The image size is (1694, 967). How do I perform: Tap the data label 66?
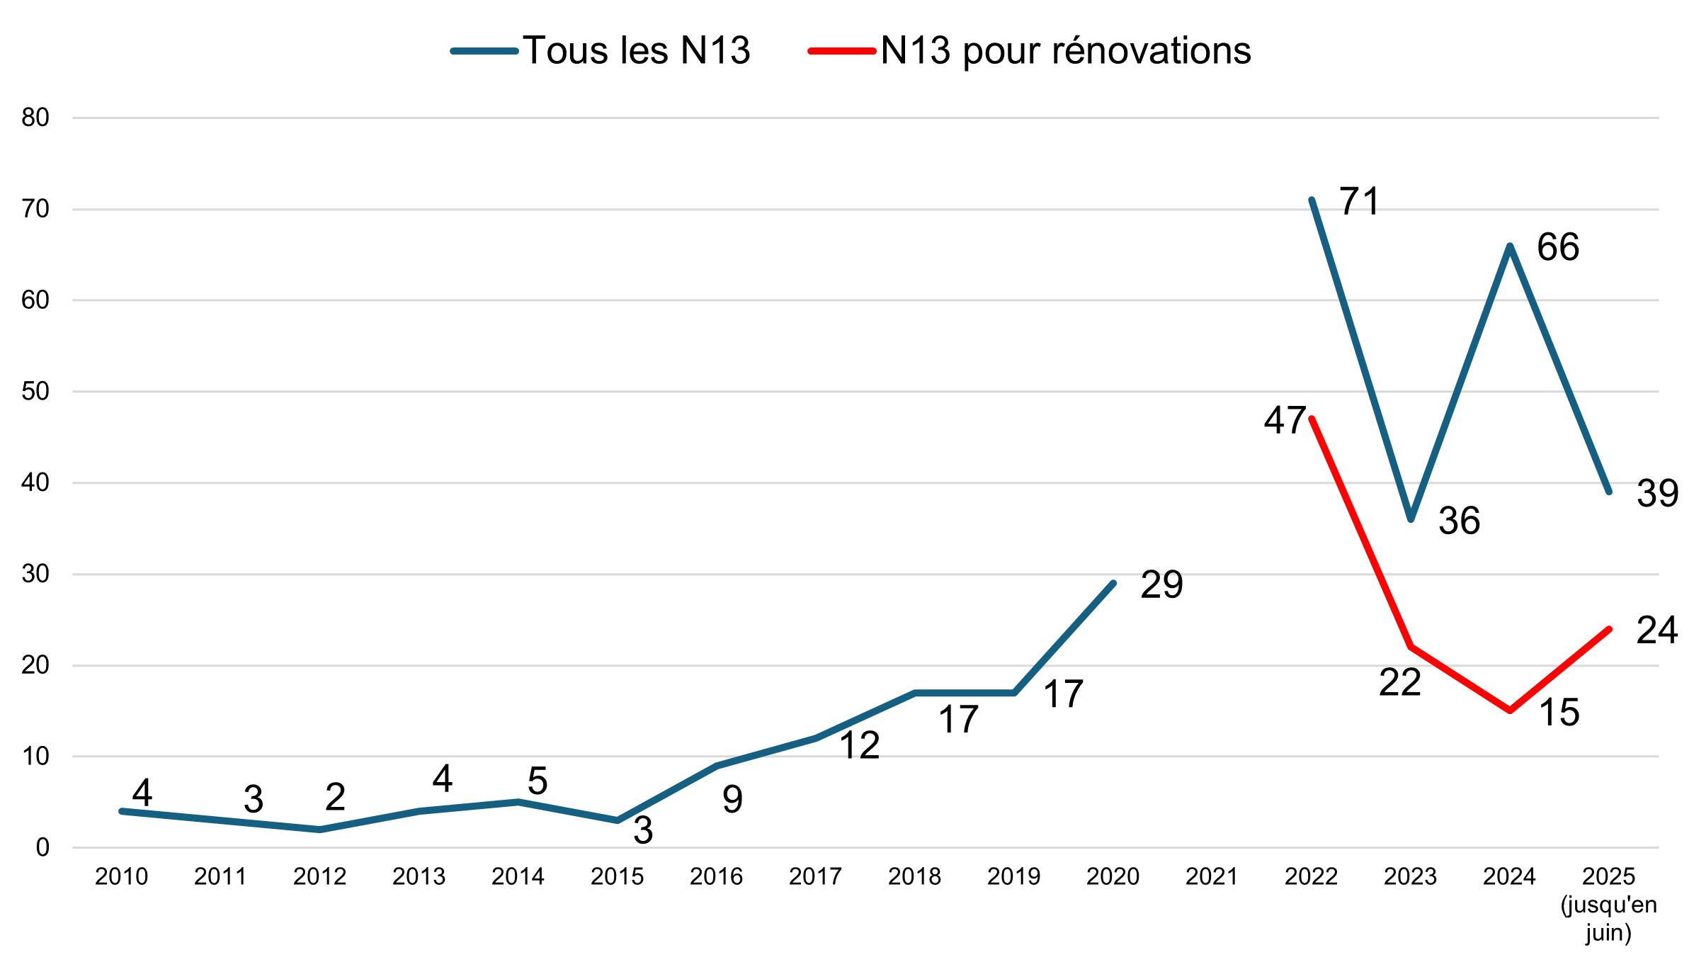coord(1558,247)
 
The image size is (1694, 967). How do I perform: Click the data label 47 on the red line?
coord(1285,420)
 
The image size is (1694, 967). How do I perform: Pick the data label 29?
coord(1161,584)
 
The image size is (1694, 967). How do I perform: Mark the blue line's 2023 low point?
coord(1411,519)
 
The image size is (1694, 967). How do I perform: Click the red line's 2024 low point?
coord(1510,710)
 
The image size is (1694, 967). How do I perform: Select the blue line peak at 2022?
coord(1312,200)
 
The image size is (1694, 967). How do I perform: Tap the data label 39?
coord(1657,493)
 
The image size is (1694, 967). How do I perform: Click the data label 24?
coord(1656,630)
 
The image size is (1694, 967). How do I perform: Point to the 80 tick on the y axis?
coord(35,118)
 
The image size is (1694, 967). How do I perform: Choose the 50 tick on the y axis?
coord(35,391)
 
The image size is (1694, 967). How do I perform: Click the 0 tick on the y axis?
coord(42,847)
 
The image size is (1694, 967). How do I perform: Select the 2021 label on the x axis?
coord(1212,877)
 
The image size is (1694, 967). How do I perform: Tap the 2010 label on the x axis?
coord(121,877)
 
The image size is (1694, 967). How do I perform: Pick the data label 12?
coord(859,746)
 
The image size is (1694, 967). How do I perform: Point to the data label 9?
coord(732,799)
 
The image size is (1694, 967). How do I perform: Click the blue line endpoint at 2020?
coord(1113,584)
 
